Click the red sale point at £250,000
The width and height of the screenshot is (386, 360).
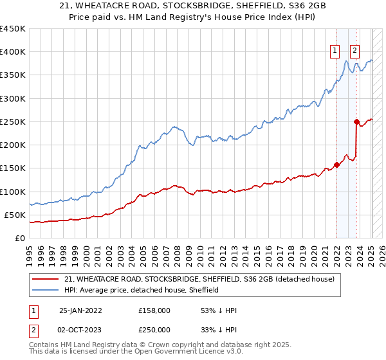(356, 121)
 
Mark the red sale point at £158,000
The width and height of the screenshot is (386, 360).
(336, 164)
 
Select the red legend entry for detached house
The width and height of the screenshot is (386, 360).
(199, 280)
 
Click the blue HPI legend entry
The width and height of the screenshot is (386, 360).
(142, 291)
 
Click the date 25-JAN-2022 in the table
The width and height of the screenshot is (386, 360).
(81, 310)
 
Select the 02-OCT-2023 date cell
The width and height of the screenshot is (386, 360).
(81, 329)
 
